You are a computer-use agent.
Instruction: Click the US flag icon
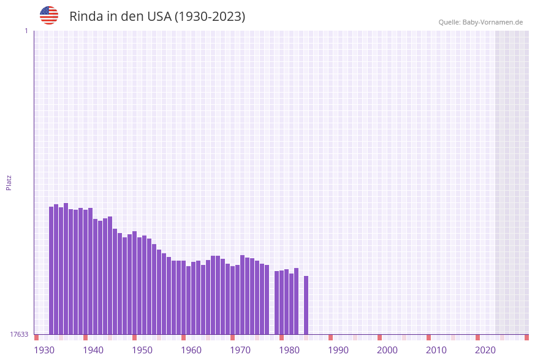click(49, 15)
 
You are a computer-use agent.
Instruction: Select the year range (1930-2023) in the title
click(210, 17)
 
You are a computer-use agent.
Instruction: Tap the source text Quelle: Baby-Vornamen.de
click(480, 22)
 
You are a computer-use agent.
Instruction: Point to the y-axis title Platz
click(9, 182)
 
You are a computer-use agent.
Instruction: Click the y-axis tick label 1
click(26, 31)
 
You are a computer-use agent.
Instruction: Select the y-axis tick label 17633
click(19, 334)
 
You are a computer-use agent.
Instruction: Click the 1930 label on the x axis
click(44, 350)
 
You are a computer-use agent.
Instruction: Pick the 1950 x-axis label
click(142, 350)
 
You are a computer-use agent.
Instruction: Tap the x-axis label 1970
click(240, 350)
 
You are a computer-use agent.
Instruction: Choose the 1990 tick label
click(338, 350)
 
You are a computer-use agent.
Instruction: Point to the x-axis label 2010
click(436, 350)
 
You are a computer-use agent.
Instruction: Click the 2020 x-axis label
click(485, 350)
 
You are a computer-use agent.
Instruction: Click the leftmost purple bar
click(51, 270)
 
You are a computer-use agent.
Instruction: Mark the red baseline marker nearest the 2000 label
click(379, 337)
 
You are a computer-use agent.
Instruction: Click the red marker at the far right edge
click(526, 337)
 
